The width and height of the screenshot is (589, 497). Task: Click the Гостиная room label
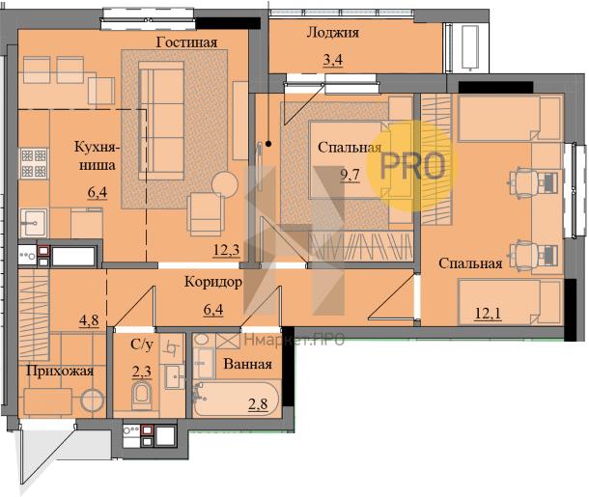186,42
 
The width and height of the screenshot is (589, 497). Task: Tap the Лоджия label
333,33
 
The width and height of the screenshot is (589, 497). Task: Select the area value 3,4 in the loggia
333,60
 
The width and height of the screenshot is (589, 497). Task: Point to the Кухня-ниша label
98,155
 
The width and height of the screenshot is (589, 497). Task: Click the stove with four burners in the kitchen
34,163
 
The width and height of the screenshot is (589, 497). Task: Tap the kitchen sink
34,223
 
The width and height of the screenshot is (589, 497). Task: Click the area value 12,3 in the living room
227,250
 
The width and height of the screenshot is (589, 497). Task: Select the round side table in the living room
225,184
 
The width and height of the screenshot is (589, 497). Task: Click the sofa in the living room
161,120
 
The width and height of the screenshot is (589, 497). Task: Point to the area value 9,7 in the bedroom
351,175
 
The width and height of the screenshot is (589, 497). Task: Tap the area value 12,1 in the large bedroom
488,313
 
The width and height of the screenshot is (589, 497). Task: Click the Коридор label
213,282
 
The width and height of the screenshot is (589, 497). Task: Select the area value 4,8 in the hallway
89,320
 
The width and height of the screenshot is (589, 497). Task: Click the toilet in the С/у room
142,396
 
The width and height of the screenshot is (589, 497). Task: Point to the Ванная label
247,364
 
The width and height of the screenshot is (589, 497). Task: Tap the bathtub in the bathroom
236,399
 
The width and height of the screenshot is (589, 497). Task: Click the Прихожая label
60,372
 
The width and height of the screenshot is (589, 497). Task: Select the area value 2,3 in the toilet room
142,372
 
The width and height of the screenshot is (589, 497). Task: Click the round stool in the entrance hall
92,400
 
